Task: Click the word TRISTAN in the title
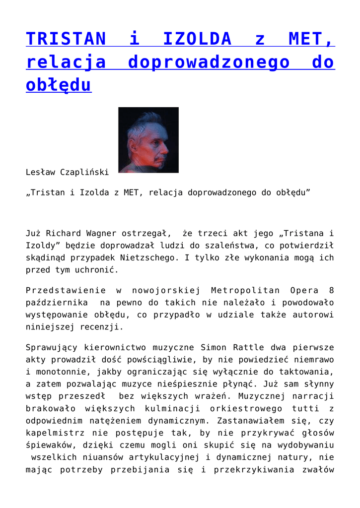point(66,39)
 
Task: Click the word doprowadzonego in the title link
point(209,62)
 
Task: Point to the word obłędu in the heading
point(59,85)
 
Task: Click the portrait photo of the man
point(148,140)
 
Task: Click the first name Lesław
point(41,172)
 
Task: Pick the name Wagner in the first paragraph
point(102,233)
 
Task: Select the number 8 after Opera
point(331,290)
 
